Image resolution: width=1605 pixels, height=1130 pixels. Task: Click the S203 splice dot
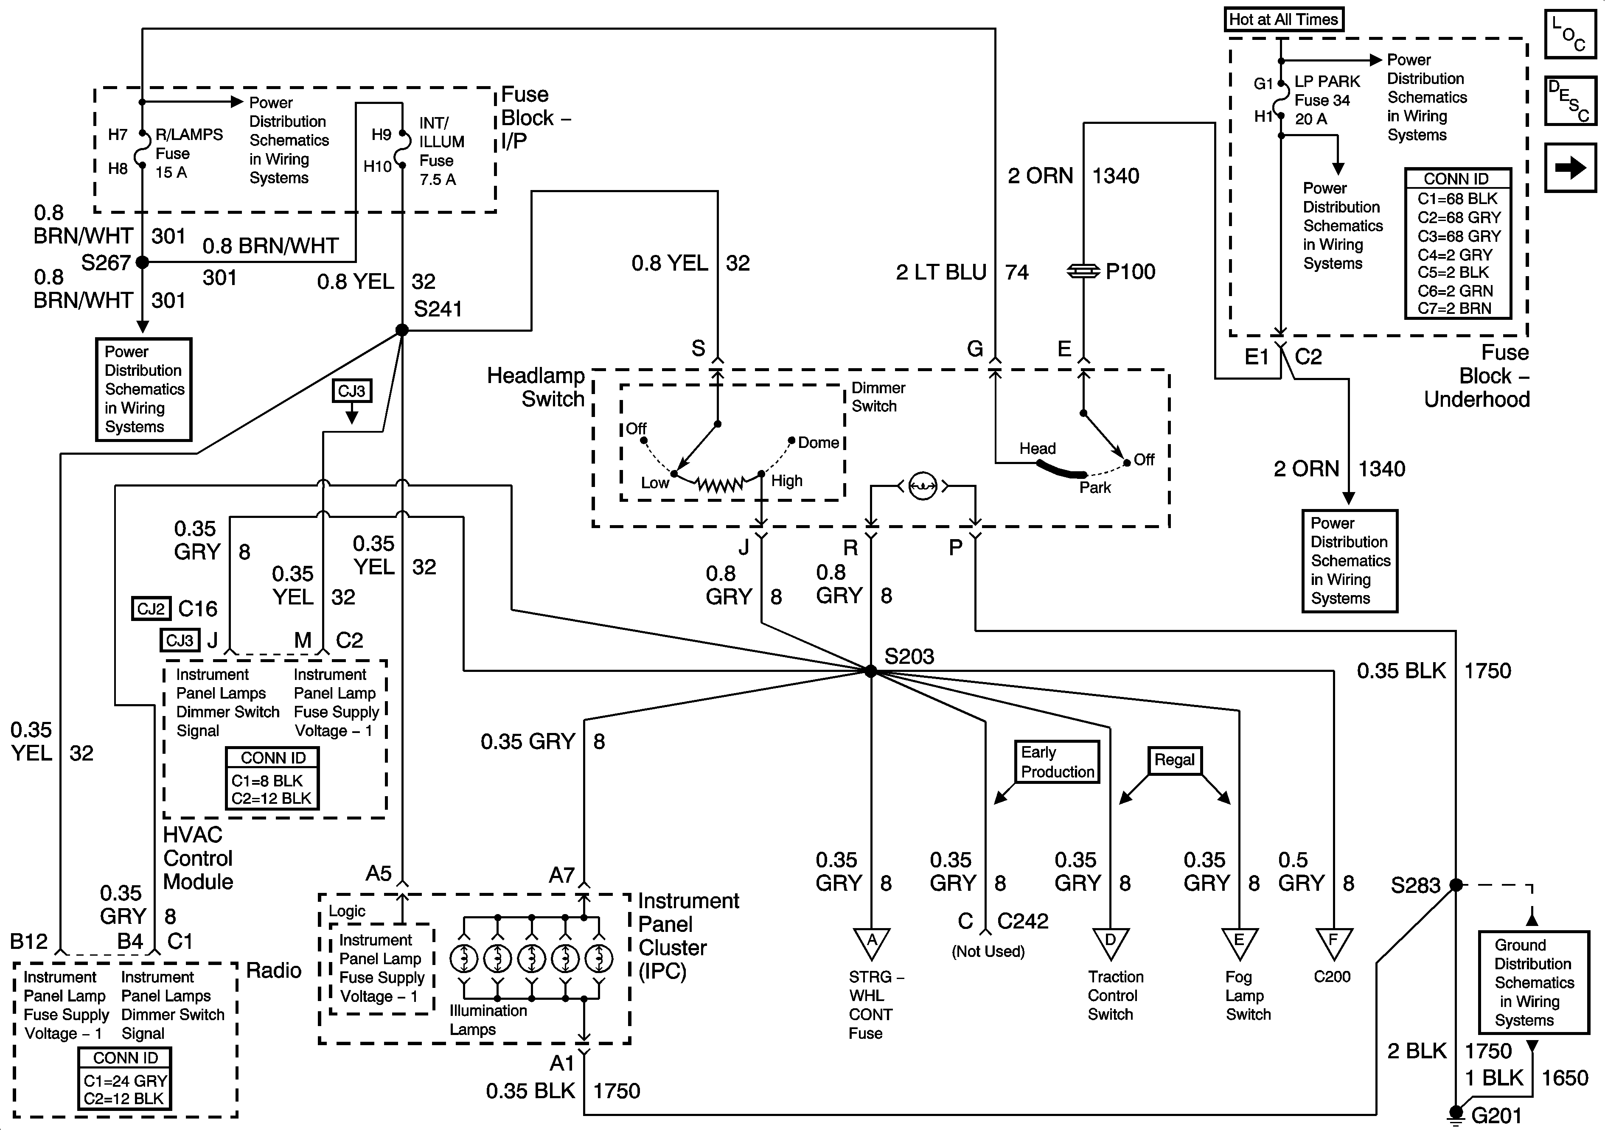pyautogui.click(x=870, y=671)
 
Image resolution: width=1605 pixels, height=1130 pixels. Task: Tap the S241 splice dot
pyautogui.click(x=402, y=330)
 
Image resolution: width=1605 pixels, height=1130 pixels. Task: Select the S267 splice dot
pyautogui.click(x=143, y=262)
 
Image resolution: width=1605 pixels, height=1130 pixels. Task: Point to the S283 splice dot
pyautogui.click(x=1456, y=885)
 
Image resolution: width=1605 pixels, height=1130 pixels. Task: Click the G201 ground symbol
pyautogui.click(x=1456, y=1113)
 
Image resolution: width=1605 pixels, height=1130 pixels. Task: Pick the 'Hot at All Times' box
pyautogui.click(x=1283, y=20)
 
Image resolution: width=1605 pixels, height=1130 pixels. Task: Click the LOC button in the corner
pyautogui.click(x=1569, y=34)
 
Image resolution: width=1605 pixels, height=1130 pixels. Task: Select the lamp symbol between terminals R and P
pyautogui.click(x=922, y=486)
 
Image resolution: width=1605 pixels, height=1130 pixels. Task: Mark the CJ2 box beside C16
pyautogui.click(x=151, y=609)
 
